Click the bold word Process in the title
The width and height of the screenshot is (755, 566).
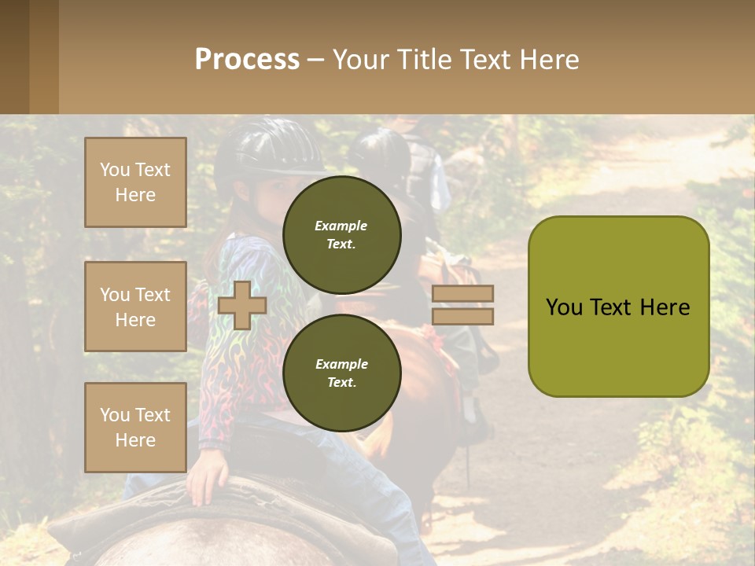247,60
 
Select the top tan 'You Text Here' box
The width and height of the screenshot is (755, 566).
135,182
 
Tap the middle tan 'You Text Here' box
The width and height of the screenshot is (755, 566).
135,307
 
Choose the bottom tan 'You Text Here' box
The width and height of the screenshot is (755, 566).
135,427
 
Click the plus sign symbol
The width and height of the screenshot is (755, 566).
241,305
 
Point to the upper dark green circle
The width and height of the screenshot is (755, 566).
341,234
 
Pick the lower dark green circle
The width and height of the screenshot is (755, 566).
341,373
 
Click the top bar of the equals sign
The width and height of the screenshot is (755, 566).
462,293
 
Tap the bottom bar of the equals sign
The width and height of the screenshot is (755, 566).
462,316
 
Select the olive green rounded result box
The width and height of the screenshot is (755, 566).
618,307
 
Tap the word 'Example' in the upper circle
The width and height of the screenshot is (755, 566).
341,226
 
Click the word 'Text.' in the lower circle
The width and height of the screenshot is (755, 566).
341,382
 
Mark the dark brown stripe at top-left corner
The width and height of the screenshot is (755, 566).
14,57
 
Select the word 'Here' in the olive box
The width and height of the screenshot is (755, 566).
665,307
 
